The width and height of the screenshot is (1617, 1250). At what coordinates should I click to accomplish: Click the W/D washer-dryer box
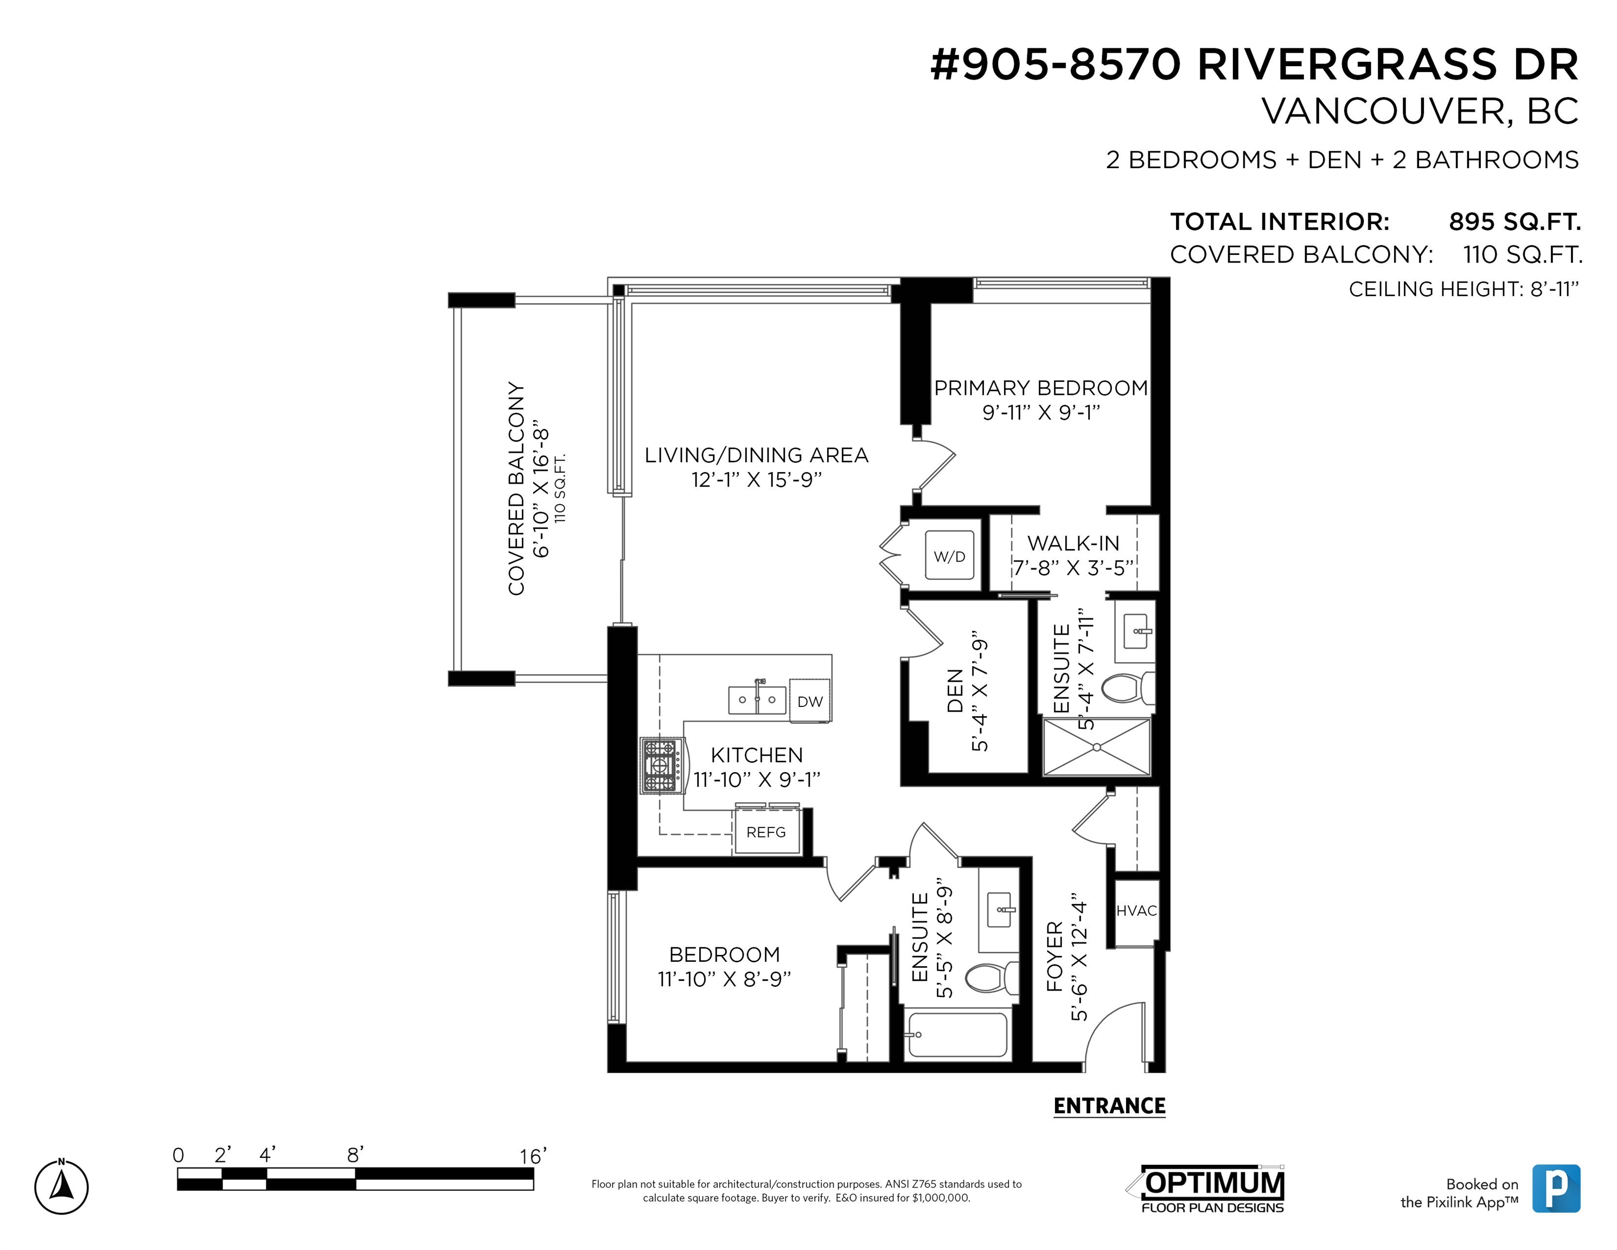click(x=949, y=556)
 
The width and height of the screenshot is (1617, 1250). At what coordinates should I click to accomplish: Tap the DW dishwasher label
click(x=810, y=701)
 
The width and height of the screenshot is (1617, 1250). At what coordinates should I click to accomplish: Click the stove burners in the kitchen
click(x=660, y=766)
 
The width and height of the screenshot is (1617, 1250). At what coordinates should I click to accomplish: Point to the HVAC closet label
click(x=1136, y=911)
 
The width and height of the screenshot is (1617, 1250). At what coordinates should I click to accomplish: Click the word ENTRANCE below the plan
click(x=1109, y=1106)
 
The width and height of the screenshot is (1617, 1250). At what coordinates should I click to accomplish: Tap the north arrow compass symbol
click(x=61, y=1187)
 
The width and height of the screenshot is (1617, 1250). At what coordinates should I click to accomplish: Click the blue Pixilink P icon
click(x=1556, y=1188)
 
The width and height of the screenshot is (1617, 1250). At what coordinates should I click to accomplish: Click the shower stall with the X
click(x=1096, y=747)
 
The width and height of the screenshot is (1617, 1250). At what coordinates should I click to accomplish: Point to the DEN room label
click(x=955, y=691)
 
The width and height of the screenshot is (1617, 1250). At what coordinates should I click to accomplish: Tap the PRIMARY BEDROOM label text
click(x=1040, y=388)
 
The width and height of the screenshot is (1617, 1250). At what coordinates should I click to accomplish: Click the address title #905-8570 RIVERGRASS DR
click(x=1254, y=65)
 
